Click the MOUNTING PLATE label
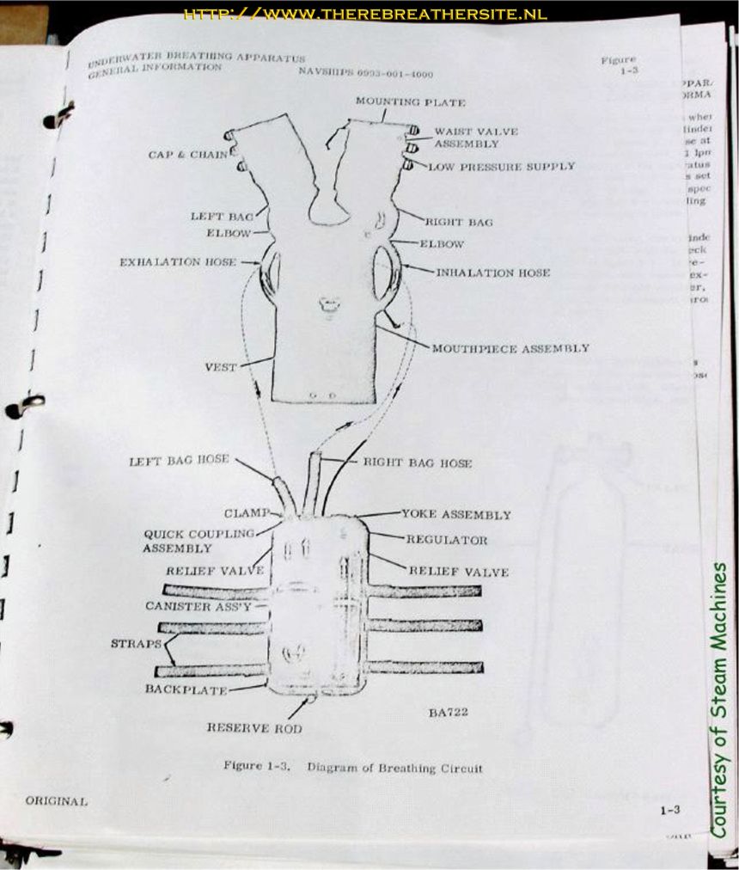coord(411,102)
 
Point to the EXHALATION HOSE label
coord(177,261)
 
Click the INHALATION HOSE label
coord(492,273)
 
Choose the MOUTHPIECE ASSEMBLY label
coord(510,348)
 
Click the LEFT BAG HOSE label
coord(179,461)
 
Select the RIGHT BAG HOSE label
coord(417,463)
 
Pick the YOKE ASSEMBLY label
coord(455,515)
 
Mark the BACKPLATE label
coord(185,689)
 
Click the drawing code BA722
coord(449,712)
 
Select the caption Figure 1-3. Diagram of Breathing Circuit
coord(352,767)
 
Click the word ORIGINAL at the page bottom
coord(56,800)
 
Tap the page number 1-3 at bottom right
coord(670,810)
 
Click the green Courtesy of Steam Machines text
coord(720,700)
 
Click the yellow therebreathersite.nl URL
coord(365,15)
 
